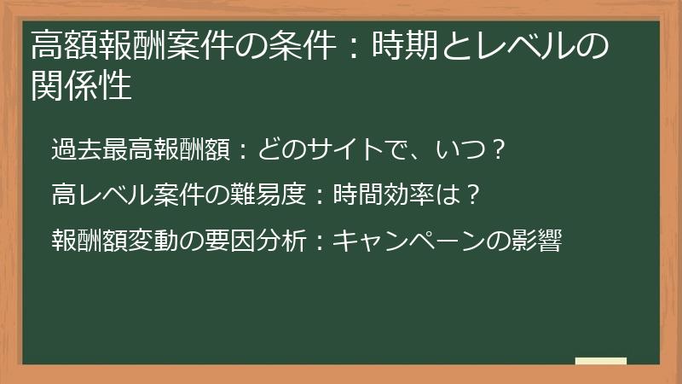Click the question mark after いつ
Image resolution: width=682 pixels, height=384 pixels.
pos(500,152)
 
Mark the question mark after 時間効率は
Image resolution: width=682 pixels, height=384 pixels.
pos(475,196)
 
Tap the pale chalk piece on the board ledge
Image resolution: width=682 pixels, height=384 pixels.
pos(600,362)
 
